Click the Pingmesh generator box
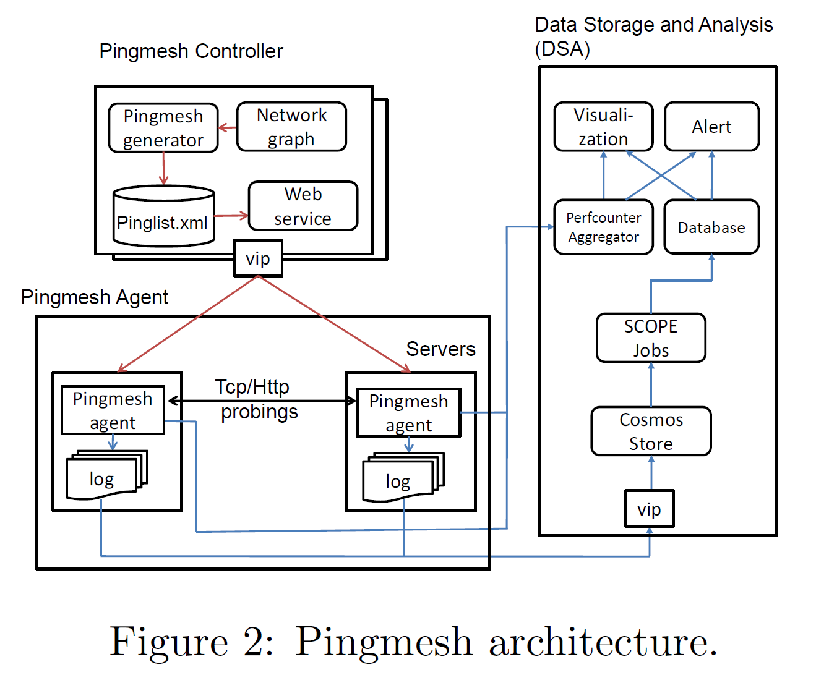click(163, 128)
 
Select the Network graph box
click(291, 127)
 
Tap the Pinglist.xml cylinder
click(163, 218)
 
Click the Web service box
click(303, 206)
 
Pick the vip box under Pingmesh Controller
click(258, 258)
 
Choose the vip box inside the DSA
click(649, 509)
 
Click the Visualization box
click(603, 127)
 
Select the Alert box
click(711, 127)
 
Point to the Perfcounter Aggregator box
click(603, 227)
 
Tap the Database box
click(711, 227)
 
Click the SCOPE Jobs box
click(651, 337)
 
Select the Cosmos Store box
click(651, 431)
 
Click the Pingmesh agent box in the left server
click(113, 410)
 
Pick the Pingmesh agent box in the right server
click(408, 413)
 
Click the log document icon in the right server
click(400, 480)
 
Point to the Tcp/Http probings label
click(256, 399)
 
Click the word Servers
click(440, 349)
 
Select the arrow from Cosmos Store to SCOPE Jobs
click(651, 384)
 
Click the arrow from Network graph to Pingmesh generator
click(228, 128)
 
